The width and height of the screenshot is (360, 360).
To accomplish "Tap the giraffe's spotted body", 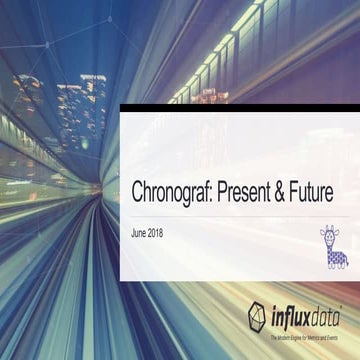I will click(x=336, y=257).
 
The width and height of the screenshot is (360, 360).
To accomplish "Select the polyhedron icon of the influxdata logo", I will click(x=259, y=317).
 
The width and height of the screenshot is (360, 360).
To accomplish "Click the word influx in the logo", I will click(x=291, y=318).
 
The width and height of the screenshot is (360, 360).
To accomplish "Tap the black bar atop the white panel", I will click(x=240, y=108).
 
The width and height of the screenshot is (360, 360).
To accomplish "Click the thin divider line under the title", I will click(x=240, y=213).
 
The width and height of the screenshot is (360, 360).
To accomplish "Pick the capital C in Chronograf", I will click(x=138, y=193).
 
